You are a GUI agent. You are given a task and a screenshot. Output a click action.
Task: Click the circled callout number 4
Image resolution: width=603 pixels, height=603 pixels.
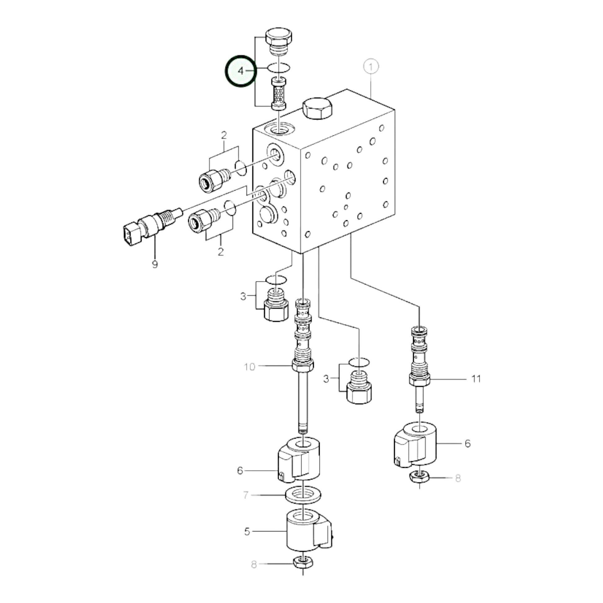[x=240, y=71]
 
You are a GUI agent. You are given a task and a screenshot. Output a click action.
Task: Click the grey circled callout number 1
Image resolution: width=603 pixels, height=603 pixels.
[x=371, y=67]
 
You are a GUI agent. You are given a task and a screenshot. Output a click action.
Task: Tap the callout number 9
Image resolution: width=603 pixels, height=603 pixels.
[x=155, y=265]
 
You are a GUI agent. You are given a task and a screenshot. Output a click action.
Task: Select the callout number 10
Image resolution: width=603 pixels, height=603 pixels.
[x=249, y=367]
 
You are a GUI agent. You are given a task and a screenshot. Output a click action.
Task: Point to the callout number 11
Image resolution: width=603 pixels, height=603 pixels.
[x=476, y=379]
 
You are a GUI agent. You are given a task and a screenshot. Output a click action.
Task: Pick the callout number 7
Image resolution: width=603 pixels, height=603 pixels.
[x=246, y=495]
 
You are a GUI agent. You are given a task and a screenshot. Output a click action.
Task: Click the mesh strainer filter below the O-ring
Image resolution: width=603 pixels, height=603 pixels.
[x=279, y=94]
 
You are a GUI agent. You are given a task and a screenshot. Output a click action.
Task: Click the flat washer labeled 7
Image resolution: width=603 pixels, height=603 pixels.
[x=304, y=495]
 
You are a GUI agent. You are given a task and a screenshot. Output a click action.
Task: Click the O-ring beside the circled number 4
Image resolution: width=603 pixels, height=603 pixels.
[x=279, y=67]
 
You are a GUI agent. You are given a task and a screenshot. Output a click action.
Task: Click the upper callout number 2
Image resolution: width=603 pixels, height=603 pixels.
[x=224, y=135]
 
